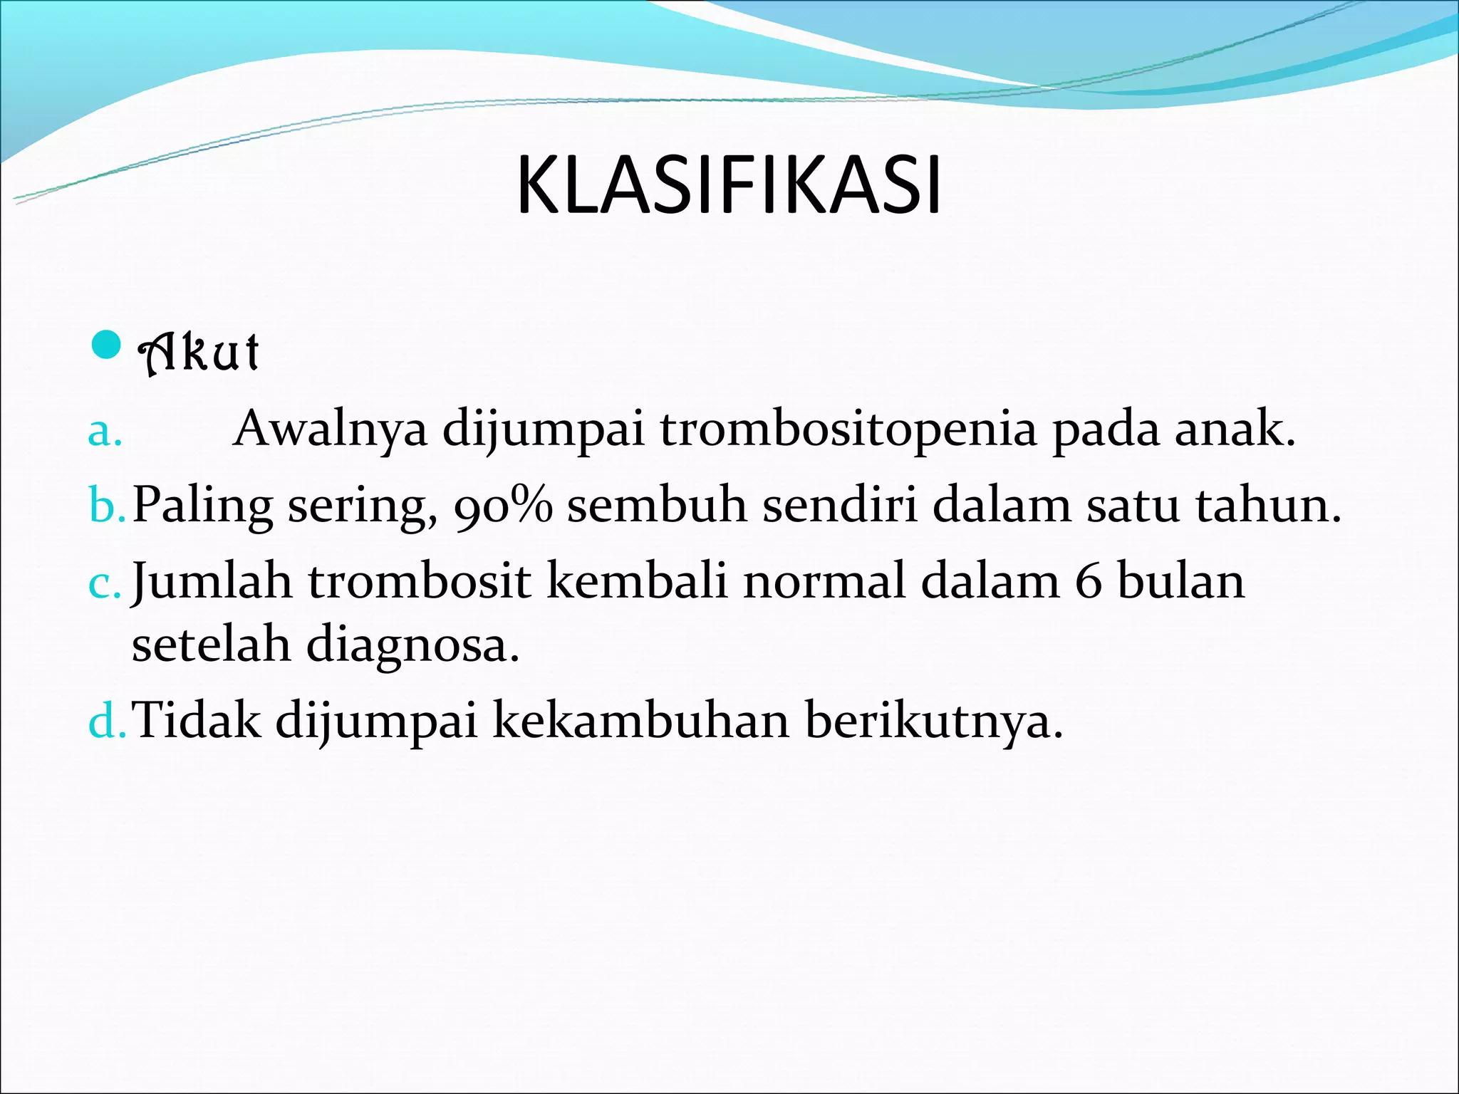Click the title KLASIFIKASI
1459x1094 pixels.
point(729,187)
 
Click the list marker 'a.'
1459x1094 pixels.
point(105,432)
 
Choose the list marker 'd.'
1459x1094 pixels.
point(107,721)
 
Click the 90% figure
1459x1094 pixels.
point(503,506)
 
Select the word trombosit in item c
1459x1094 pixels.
point(420,581)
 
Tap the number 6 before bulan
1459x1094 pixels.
point(1088,581)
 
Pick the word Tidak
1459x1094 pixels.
point(197,721)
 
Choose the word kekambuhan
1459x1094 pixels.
point(640,721)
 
